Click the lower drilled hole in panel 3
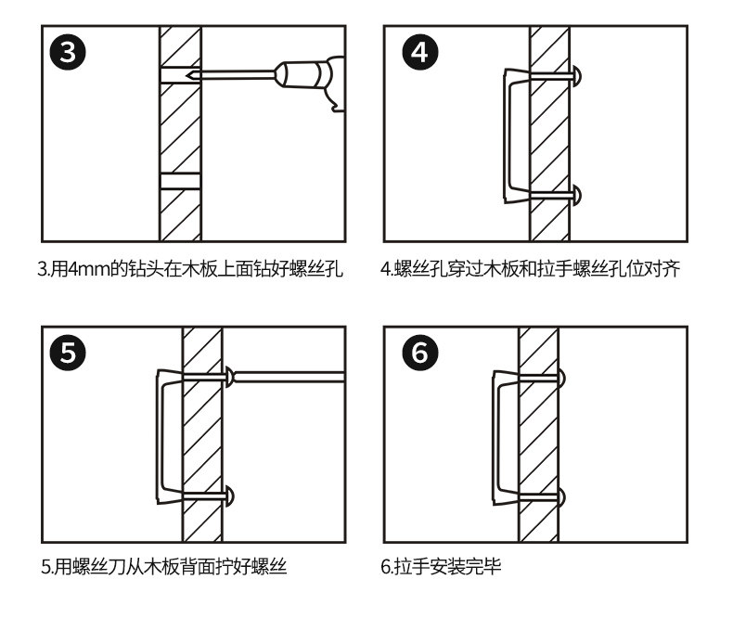click(x=180, y=180)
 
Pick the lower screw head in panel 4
click(x=577, y=195)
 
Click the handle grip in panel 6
click(x=495, y=436)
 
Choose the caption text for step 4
click(x=531, y=271)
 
